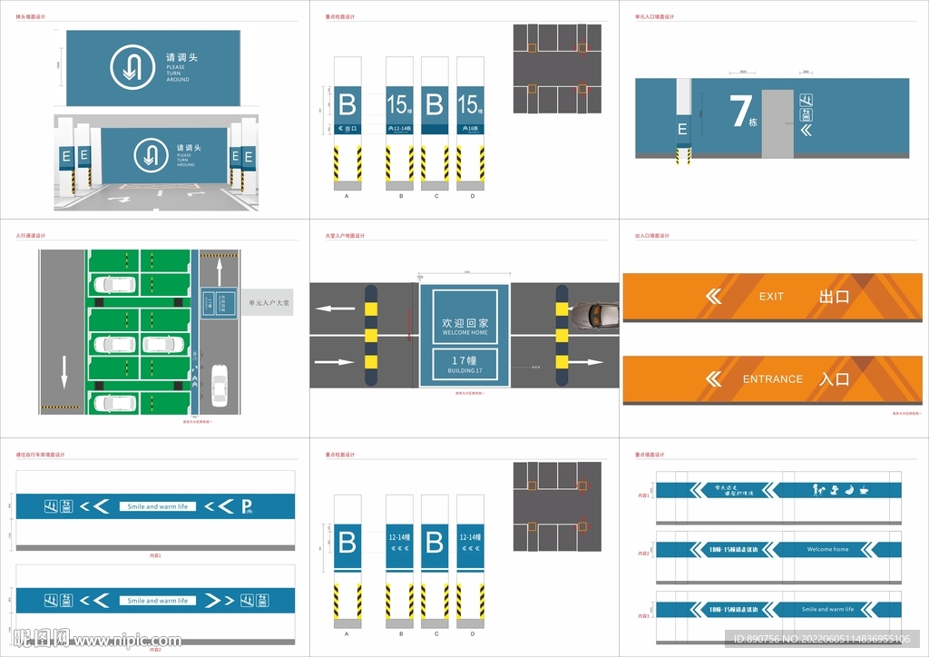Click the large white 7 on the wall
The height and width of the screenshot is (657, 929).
click(738, 110)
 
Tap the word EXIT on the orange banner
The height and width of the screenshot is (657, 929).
click(771, 297)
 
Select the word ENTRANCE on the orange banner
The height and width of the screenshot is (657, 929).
click(772, 379)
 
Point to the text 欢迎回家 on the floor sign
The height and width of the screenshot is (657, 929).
click(464, 323)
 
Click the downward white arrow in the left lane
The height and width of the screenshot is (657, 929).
click(64, 370)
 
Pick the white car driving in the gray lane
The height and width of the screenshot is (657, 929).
click(218, 385)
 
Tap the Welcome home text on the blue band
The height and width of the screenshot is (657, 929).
click(827, 549)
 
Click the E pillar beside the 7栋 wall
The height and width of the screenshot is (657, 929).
click(682, 130)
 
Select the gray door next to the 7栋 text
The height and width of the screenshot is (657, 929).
click(777, 123)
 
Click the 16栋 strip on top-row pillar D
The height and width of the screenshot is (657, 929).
click(470, 129)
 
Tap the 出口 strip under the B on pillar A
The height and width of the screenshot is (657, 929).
click(347, 129)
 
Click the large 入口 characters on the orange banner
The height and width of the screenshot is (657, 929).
click(834, 379)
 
